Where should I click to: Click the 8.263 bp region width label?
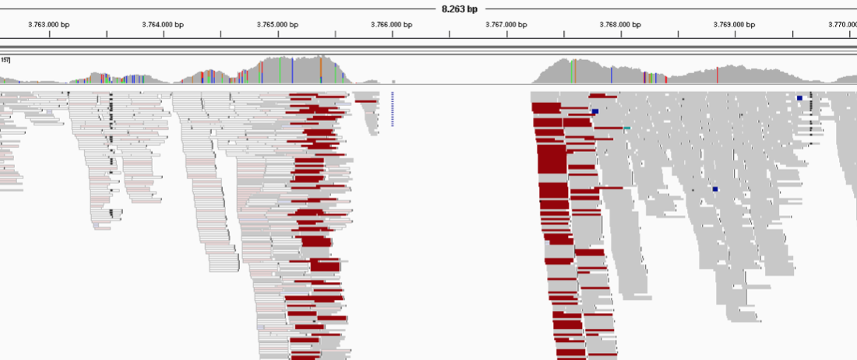[460, 9]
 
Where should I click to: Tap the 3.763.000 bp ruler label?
[48, 24]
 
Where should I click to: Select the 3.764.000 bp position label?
[163, 24]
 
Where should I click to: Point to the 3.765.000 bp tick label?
[277, 24]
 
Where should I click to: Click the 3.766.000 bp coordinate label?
[391, 24]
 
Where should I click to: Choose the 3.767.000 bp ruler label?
[506, 24]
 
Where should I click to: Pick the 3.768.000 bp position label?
[620, 24]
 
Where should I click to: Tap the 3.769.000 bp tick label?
[734, 24]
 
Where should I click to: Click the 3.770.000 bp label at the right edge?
[843, 24]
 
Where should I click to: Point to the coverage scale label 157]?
[5, 60]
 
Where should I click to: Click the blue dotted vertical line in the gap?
[393, 108]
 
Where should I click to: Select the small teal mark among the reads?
[626, 128]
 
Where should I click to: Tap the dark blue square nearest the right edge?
[799, 97]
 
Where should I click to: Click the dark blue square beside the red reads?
[595, 112]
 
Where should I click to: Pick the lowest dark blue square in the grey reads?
[714, 189]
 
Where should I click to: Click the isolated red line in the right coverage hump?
[717, 75]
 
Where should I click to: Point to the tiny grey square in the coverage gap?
[393, 81]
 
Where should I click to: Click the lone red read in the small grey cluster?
[365, 101]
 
